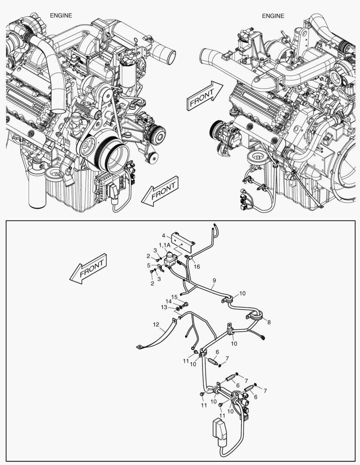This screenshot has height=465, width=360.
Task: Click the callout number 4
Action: tap(163, 236)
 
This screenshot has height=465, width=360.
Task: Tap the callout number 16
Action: tap(197, 267)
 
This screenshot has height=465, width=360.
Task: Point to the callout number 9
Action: tap(214, 280)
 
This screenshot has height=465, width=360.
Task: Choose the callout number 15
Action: tap(175, 297)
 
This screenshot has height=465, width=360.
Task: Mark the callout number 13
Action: tap(164, 307)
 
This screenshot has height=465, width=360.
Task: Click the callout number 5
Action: tap(149, 265)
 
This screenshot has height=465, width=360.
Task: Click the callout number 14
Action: tap(169, 301)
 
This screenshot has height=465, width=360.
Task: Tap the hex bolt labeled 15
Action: tap(185, 305)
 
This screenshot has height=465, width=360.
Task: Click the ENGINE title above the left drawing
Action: tap(61, 15)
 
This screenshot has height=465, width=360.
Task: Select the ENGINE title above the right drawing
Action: tap(273, 16)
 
